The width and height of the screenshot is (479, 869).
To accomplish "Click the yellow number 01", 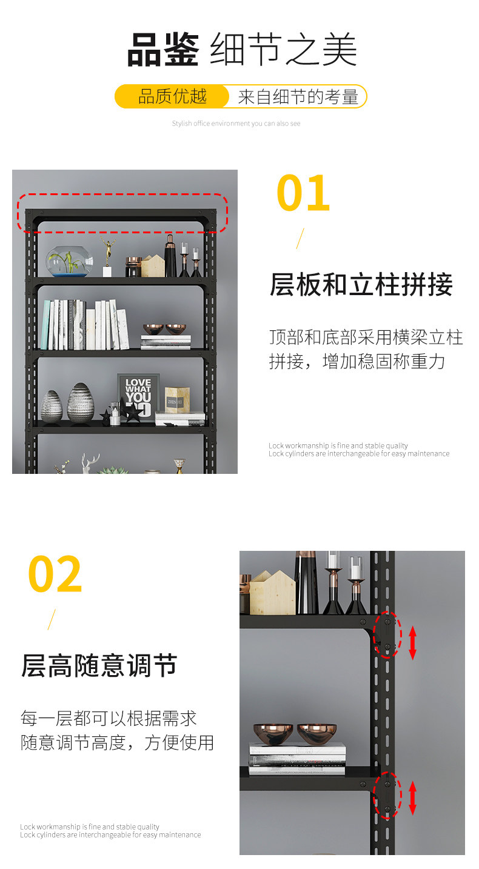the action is tap(303, 193).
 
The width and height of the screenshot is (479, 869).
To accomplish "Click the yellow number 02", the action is tap(55, 574).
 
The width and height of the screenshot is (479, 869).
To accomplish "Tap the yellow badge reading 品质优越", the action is tap(172, 96).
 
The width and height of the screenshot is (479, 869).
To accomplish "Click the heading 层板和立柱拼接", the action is tap(361, 284).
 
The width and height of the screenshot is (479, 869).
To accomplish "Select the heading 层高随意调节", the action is tap(99, 666).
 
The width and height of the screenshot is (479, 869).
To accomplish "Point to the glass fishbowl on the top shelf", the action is tap(69, 261).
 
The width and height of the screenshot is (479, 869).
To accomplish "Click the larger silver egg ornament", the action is tap(81, 402).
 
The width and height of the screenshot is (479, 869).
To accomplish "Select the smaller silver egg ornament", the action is tap(52, 406).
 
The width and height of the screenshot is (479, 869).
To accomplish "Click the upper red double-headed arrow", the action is tap(412, 643).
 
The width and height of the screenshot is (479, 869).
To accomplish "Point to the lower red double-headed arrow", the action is tap(412, 798).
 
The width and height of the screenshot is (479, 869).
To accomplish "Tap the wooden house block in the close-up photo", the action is tap(272, 593).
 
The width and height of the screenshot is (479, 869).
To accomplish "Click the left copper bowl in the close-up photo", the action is tap(273, 734).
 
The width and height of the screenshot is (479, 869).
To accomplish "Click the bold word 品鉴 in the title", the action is tap(163, 50).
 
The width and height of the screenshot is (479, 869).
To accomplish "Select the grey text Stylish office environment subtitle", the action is tap(236, 124).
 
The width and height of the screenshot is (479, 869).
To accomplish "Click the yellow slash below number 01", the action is tap(300, 239).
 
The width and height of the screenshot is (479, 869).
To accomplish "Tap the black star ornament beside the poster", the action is tap(133, 412).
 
